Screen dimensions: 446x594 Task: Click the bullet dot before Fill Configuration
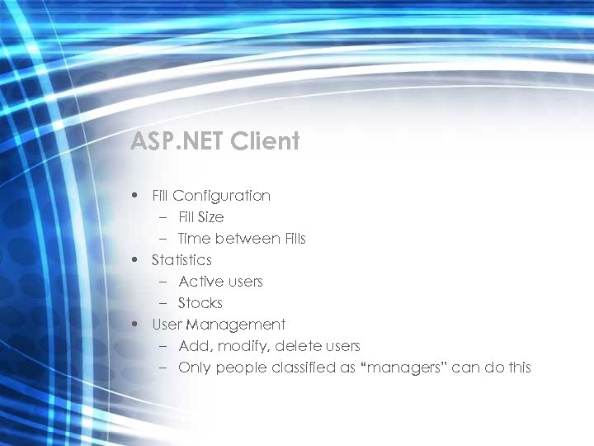[134, 197]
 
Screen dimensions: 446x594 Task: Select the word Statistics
[181, 260]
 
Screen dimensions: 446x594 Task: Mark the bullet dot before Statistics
[134, 260]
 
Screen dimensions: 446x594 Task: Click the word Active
[200, 282]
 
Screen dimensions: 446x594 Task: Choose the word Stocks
[200, 303]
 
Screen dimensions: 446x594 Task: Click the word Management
[236, 325]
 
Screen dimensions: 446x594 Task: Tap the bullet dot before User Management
[134, 325]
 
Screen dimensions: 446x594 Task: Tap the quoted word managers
[404, 368]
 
